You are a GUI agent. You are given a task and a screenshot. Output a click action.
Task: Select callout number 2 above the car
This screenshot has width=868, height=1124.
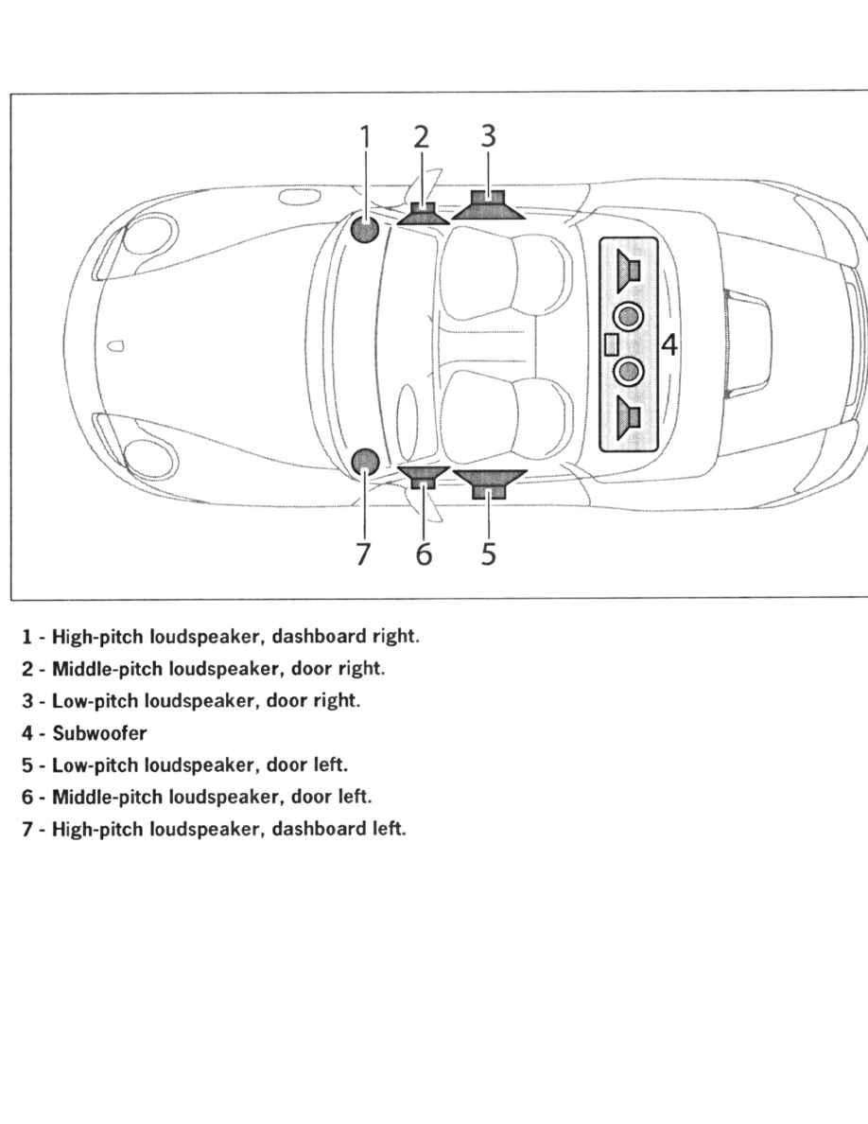point(422,138)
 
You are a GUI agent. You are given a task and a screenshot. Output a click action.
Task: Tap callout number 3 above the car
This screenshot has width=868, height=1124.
point(487,137)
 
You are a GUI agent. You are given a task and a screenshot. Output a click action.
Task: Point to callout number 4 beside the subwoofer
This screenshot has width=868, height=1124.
point(668,345)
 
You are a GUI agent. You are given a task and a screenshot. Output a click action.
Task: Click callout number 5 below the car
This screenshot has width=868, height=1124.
point(488,553)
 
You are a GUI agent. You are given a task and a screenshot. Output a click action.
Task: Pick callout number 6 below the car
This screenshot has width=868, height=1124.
point(424,553)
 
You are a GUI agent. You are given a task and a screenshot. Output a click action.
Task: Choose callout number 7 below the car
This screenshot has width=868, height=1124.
point(364,553)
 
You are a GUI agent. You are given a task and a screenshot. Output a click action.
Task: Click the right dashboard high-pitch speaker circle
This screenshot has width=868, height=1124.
point(365,228)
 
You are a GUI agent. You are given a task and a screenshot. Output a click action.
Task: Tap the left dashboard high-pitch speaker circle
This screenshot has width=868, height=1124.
point(365,461)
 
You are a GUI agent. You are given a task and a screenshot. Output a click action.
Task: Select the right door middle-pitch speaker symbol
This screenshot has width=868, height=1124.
point(423,213)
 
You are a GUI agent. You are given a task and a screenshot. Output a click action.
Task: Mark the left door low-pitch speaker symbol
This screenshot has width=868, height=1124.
point(489,483)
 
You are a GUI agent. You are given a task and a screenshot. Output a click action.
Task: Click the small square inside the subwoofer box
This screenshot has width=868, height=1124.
point(611,344)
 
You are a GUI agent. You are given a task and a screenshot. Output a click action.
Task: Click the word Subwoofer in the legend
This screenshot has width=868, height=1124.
point(99,733)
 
